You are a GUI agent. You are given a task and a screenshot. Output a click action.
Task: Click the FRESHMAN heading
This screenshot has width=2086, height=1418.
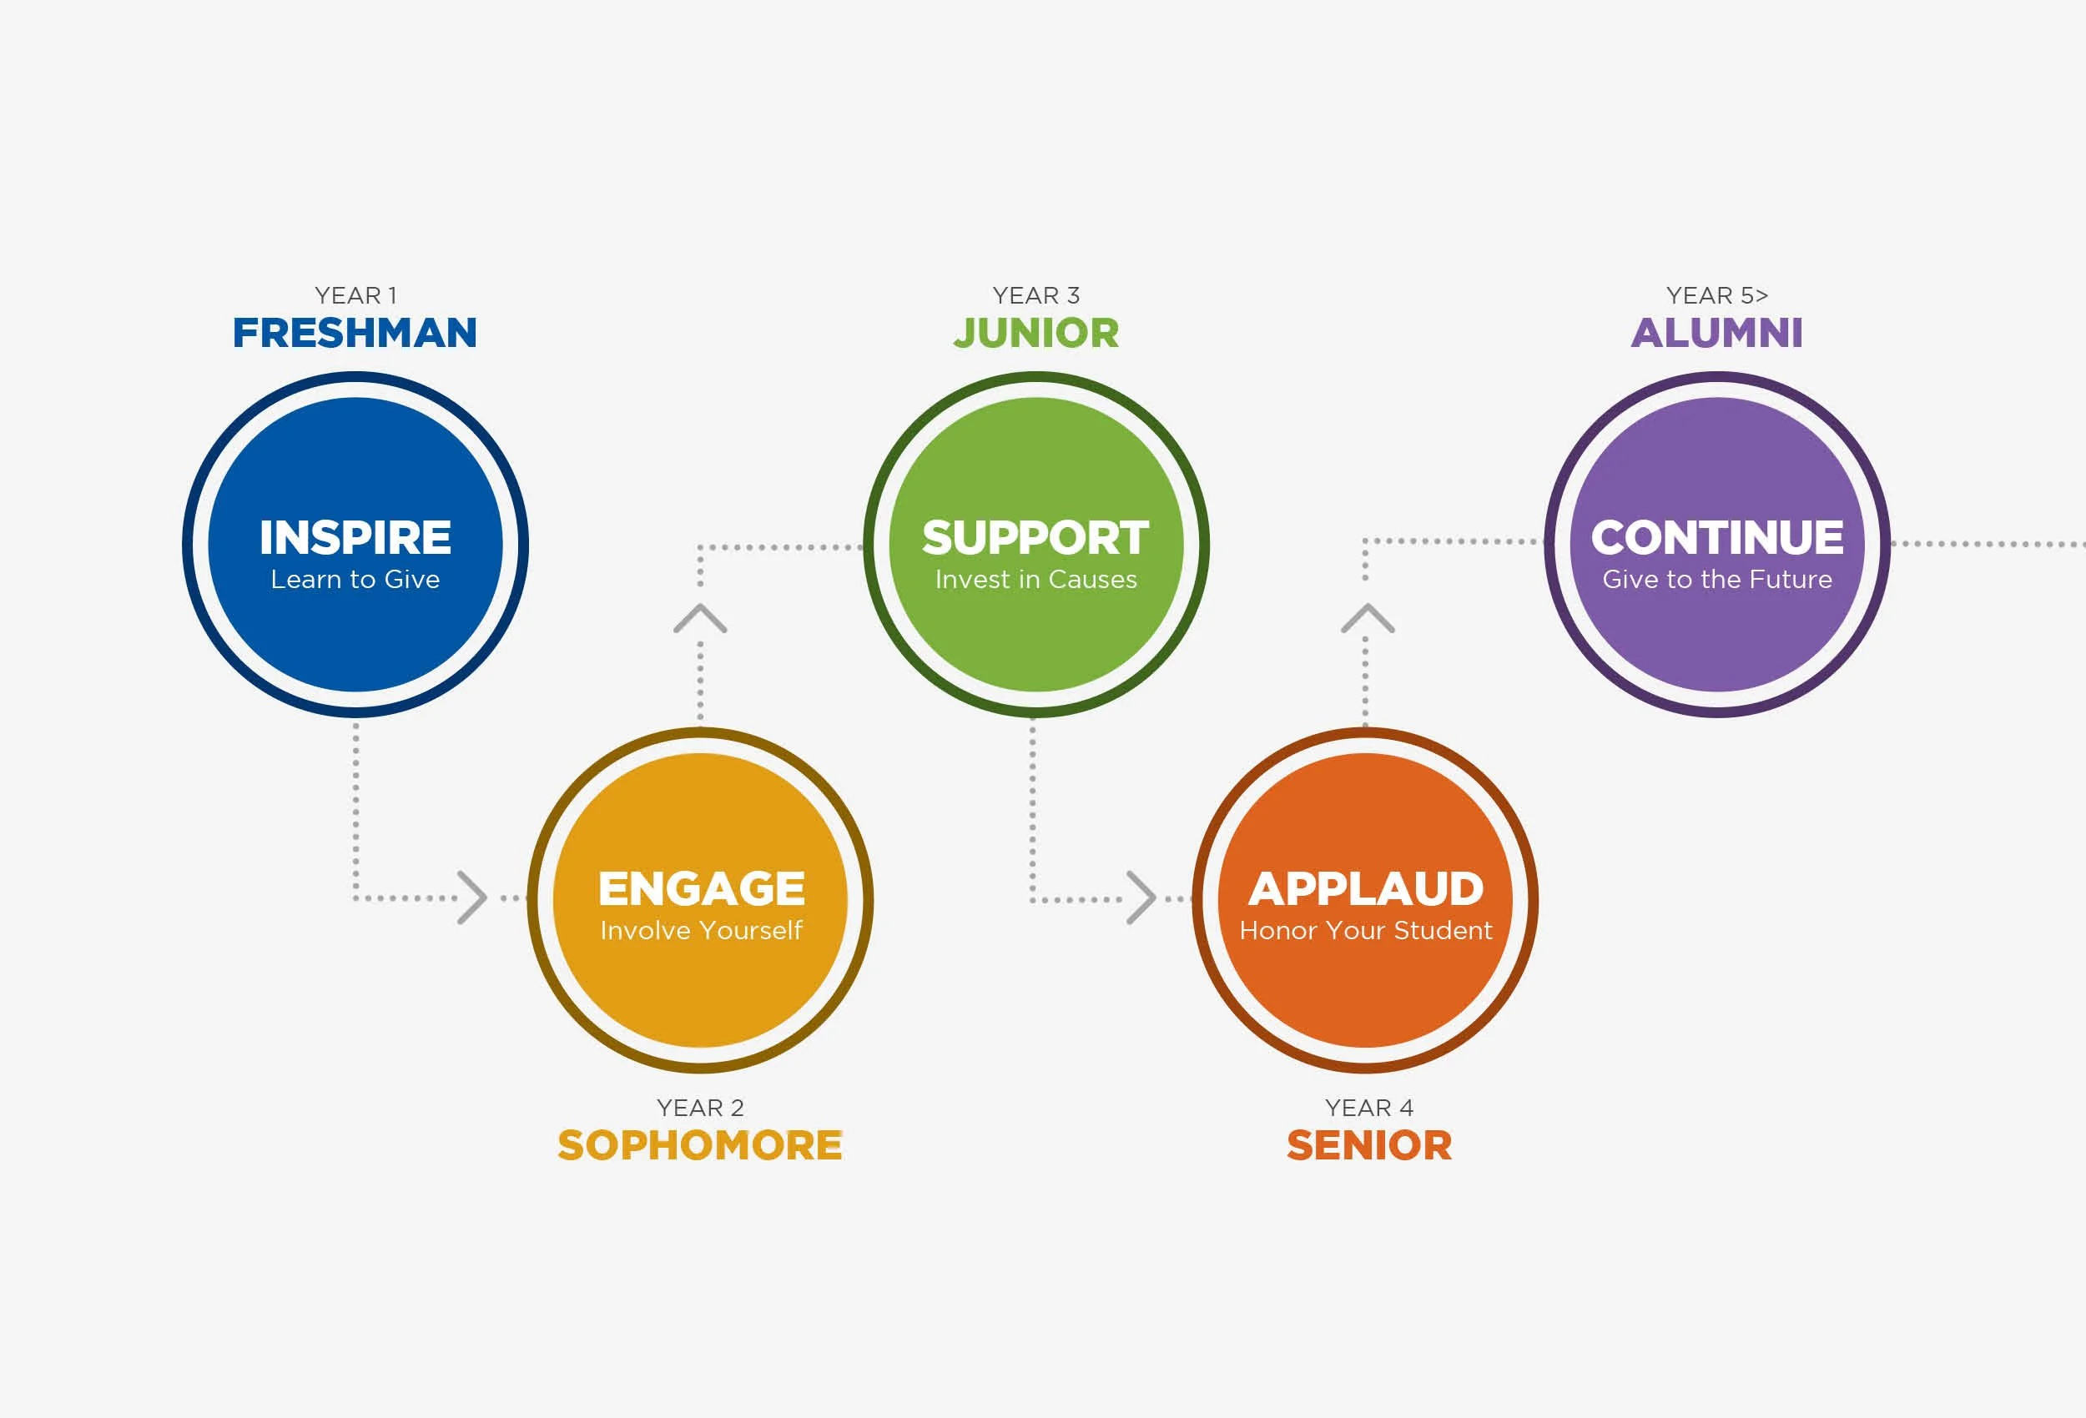click(355, 333)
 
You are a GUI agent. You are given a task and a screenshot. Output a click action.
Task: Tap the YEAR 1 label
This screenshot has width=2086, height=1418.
click(355, 295)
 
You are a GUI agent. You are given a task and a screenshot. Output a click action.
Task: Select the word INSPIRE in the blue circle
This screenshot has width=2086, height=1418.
click(355, 537)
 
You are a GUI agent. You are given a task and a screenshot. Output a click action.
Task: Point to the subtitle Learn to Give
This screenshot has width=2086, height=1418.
click(355, 580)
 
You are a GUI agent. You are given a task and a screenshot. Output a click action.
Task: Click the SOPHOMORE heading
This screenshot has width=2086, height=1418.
click(700, 1145)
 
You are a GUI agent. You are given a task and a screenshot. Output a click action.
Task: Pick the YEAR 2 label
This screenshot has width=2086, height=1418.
click(700, 1108)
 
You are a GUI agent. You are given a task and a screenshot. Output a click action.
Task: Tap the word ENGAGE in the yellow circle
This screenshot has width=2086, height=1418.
click(701, 888)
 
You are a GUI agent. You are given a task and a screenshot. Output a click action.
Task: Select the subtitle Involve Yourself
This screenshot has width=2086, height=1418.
click(701, 931)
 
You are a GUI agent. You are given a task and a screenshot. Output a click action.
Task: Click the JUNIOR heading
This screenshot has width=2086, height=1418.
click(1035, 333)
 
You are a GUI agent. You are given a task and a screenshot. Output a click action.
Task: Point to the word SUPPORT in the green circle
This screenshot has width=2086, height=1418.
click(1035, 537)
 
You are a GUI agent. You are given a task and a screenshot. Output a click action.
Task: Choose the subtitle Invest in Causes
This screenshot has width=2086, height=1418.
click(1035, 580)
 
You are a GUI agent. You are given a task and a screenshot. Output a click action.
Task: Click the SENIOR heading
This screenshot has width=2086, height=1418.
click(1368, 1145)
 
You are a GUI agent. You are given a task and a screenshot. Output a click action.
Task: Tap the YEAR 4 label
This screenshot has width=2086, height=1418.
click(1368, 1108)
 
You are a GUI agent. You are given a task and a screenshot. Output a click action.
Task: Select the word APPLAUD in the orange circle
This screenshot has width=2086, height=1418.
click(1366, 888)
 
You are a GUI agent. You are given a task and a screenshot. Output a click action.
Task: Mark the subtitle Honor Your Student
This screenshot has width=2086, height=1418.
click(1366, 931)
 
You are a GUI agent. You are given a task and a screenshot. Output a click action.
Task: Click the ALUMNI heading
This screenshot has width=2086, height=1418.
click(1716, 333)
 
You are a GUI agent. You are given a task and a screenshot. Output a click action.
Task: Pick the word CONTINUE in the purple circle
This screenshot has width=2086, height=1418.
click(1717, 537)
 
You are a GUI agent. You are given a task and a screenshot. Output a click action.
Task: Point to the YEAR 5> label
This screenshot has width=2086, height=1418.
click(1716, 295)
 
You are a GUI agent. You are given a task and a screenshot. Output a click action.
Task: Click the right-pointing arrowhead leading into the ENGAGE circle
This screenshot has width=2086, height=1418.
click(473, 897)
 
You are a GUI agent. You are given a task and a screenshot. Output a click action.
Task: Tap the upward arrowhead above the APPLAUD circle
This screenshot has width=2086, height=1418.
click(1367, 618)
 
